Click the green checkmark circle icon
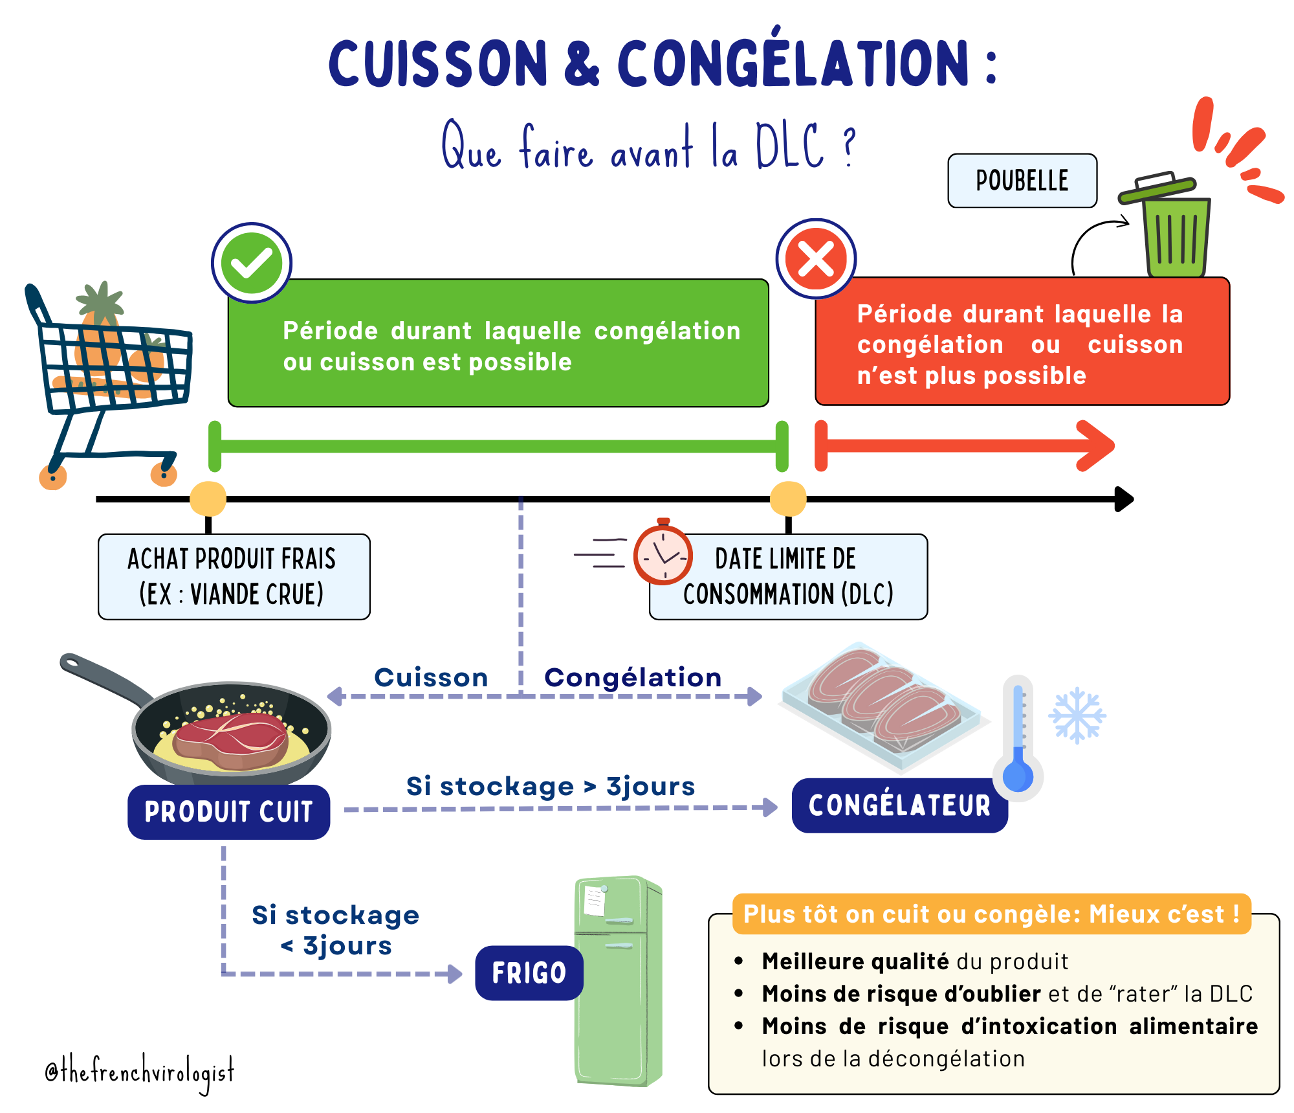coord(252,263)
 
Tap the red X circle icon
coord(816,259)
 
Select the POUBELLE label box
coord(1022,181)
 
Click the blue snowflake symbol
coord(1077,715)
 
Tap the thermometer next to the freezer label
coord(1018,738)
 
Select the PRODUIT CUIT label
coord(229,812)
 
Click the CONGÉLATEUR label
coord(899,806)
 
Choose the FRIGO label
coord(529,972)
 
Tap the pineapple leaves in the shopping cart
coord(100,300)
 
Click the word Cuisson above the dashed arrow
coord(431,678)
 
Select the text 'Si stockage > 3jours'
coord(551,787)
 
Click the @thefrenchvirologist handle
coord(140,1072)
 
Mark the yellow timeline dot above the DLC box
coord(788,499)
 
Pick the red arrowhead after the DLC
coord(1096,445)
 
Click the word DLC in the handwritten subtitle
coord(790,147)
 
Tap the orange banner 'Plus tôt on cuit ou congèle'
coord(991,914)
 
